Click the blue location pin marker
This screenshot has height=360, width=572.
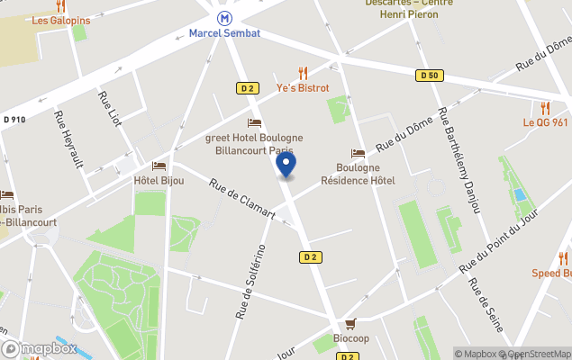point(286,165)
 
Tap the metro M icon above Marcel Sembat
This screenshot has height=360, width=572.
point(224,17)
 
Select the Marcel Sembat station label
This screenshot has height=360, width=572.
point(224,33)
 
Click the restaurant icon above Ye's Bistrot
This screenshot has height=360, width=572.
point(303,73)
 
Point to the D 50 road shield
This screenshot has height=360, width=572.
point(429,76)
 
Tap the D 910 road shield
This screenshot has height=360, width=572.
point(14,119)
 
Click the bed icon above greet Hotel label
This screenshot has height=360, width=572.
point(254,123)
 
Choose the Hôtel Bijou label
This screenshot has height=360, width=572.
point(159,180)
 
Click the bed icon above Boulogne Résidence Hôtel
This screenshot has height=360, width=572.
point(358,154)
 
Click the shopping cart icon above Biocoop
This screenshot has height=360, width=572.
point(350,324)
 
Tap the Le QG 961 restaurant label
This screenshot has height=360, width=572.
point(546,122)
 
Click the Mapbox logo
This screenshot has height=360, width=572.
point(40,348)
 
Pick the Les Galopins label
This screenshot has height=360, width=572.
point(61,20)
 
